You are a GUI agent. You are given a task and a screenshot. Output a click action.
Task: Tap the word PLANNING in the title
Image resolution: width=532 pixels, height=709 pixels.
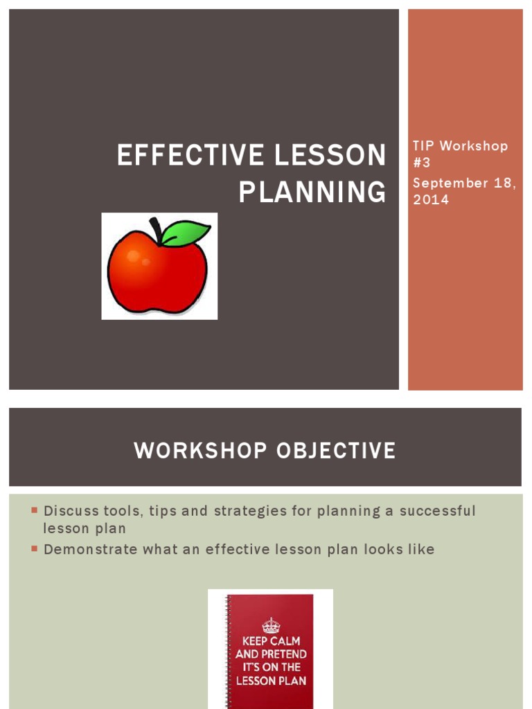(x=312, y=192)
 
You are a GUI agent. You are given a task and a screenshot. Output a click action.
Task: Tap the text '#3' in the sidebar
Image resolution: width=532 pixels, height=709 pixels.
(x=422, y=163)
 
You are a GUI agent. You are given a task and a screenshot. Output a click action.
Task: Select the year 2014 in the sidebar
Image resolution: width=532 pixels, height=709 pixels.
(x=430, y=199)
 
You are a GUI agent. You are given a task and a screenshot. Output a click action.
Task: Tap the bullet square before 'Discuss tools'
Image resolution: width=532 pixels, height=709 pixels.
(x=33, y=511)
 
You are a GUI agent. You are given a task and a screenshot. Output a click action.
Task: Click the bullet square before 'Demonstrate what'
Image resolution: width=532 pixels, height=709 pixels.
(x=33, y=549)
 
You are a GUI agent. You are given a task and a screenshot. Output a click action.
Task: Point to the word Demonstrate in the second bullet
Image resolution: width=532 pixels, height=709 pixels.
(x=89, y=550)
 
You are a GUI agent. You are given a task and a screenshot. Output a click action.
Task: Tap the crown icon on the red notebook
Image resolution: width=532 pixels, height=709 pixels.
(x=271, y=625)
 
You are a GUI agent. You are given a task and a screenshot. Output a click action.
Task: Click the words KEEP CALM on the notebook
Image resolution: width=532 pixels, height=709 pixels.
(x=271, y=641)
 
